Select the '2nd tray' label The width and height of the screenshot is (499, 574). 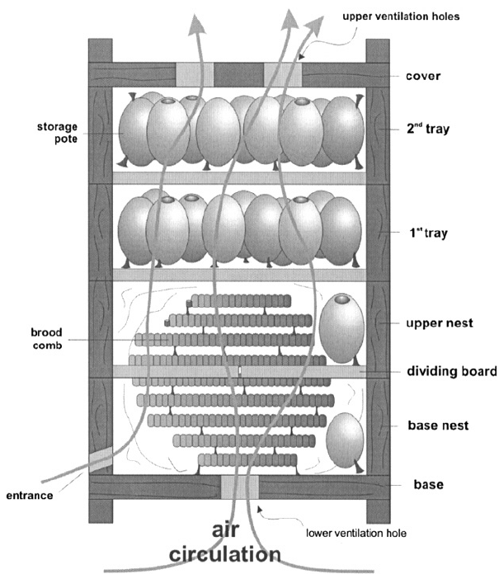pyautogui.click(x=427, y=129)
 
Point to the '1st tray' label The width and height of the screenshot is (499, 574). pyautogui.click(x=427, y=233)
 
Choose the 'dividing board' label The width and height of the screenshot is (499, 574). pyautogui.click(x=450, y=372)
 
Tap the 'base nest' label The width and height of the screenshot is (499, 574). pyautogui.click(x=438, y=426)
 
